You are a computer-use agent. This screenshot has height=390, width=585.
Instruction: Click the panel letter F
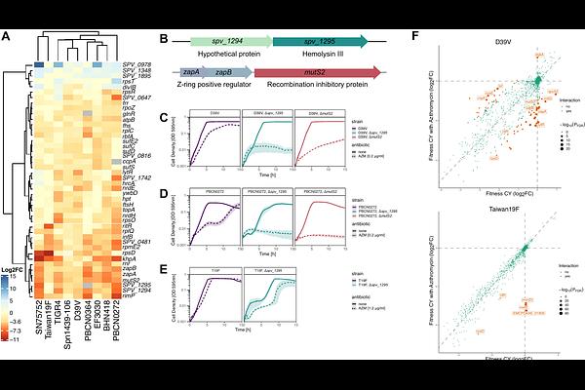(x=417, y=36)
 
